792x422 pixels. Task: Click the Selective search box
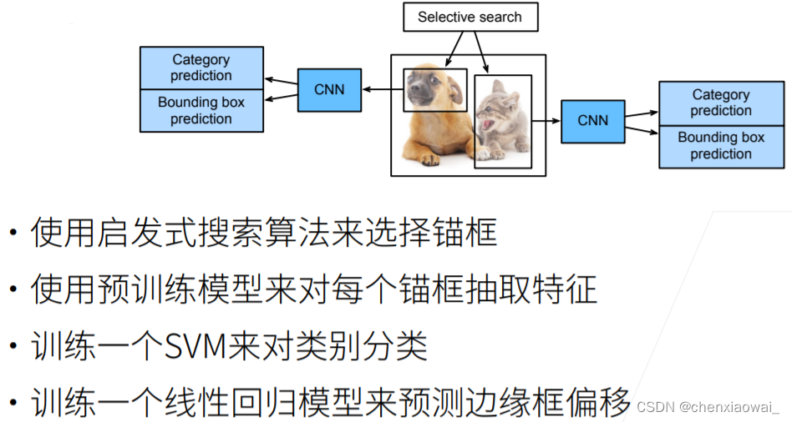pos(470,18)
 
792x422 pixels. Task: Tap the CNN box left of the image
pos(329,90)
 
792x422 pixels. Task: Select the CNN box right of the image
pos(593,121)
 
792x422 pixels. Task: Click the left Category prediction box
pos(201,68)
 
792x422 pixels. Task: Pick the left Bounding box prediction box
pos(201,110)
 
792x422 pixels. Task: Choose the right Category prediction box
pos(721,103)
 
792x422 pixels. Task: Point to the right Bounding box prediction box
pos(721,146)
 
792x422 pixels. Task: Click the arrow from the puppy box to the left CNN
pos(382,90)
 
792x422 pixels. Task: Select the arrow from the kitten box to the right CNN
pos(546,121)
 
